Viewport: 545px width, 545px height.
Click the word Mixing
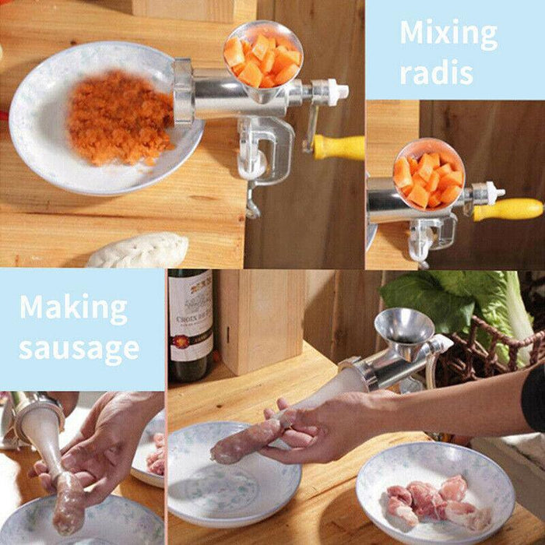coord(448,35)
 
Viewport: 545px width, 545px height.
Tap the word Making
coord(73,308)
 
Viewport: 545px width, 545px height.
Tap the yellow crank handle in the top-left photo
coord(339,146)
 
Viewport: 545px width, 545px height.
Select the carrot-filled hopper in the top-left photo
coord(262,58)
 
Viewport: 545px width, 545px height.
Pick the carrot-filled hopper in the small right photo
coord(428,175)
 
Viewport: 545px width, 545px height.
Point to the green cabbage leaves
coord(459,300)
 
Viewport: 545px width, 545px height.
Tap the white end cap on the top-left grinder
coord(337,91)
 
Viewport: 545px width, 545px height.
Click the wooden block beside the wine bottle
coord(261,319)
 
